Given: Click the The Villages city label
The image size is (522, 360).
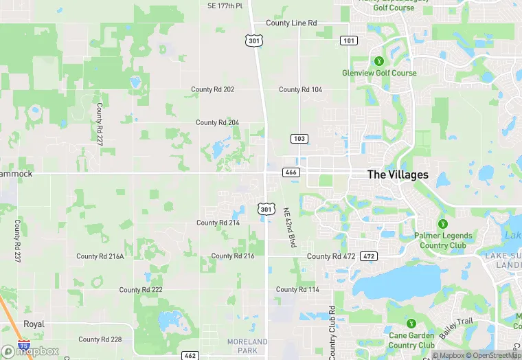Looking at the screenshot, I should click(398, 175).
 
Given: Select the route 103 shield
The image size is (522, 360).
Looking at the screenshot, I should click(299, 139).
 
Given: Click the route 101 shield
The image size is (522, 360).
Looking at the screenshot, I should click(348, 41).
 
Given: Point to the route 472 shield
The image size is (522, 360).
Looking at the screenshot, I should click(369, 256).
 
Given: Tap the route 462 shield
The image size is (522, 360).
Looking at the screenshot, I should click(190, 355).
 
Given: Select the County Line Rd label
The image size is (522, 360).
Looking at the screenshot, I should click(291, 23).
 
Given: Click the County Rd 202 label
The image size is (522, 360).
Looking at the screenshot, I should click(213, 89).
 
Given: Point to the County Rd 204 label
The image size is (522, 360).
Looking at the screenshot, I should click(217, 122).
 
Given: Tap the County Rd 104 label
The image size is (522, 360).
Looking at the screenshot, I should click(300, 89).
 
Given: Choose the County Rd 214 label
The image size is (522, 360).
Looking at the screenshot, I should click(218, 223).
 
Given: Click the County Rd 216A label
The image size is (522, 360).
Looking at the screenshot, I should click(100, 256).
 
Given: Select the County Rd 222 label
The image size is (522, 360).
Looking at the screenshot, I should click(141, 290).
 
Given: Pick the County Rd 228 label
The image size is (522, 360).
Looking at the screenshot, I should click(100, 339).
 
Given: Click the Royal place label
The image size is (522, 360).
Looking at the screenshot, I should click(34, 324).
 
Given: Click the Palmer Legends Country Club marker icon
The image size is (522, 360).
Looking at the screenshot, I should click(443, 224).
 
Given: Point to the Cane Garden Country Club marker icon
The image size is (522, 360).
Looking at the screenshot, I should click(411, 324).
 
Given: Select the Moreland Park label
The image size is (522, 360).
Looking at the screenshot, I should click(247, 346).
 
